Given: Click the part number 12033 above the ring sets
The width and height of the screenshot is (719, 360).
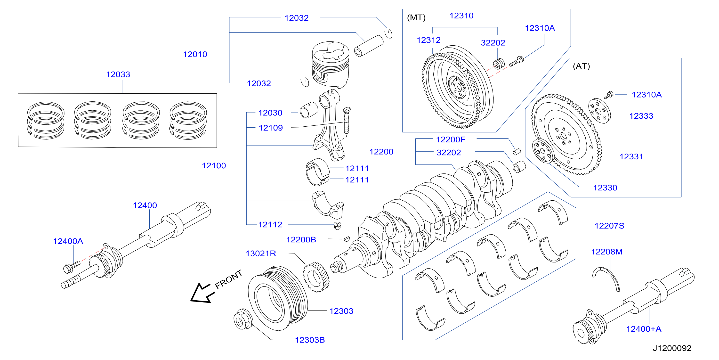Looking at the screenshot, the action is (x=118, y=74).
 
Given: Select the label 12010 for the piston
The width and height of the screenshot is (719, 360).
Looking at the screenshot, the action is (x=195, y=54).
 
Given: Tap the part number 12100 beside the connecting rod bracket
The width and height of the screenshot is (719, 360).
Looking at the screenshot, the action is (x=214, y=166).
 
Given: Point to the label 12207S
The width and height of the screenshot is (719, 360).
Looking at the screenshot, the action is (x=609, y=226).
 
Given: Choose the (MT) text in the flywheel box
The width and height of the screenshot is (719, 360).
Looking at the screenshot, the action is (x=416, y=18).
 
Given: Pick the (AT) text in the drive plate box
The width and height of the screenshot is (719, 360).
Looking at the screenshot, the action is (x=582, y=66).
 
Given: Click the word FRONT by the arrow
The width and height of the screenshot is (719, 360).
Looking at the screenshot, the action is (x=228, y=279).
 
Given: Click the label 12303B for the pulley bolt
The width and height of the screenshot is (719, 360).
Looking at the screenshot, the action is (x=310, y=340).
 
